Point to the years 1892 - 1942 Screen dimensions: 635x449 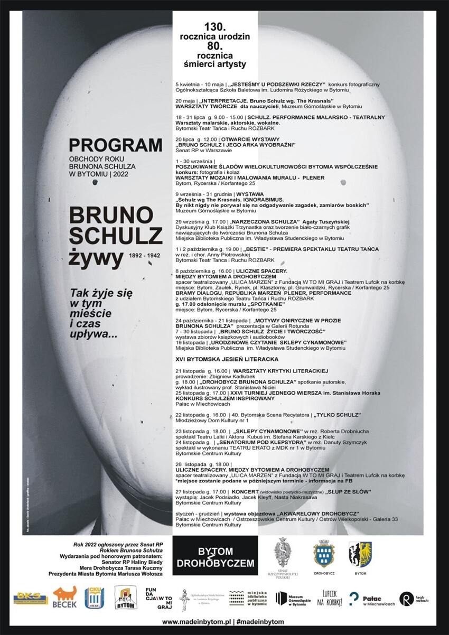point(145,255)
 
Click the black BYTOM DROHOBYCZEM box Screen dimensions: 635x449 point(215,557)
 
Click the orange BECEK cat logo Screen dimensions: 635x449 point(64,597)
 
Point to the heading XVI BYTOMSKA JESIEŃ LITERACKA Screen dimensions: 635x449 point(227,359)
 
